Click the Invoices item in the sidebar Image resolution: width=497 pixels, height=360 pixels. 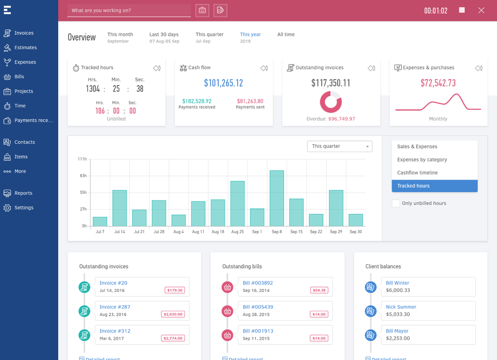[23, 33]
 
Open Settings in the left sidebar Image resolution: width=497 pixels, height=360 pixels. [23, 208]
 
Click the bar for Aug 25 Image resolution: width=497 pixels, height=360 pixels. [237, 203]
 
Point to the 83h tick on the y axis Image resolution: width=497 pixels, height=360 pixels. [83, 176]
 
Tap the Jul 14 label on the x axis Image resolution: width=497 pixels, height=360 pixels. [119, 232]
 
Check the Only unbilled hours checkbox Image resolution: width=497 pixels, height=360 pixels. [396, 203]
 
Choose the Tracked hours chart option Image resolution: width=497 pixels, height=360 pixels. [434, 186]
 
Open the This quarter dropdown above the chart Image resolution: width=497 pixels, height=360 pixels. [339, 146]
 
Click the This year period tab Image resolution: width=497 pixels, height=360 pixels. [250, 35]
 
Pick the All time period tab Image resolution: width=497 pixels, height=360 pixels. [286, 35]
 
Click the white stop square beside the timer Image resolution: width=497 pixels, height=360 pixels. [462, 10]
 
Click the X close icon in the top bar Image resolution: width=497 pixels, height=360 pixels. [481, 10]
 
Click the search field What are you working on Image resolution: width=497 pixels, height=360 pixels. [129, 10]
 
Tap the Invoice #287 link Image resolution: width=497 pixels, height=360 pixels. [115, 307]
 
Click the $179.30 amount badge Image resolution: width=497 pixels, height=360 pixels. [174, 290]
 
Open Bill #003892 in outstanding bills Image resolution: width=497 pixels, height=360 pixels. [257, 283]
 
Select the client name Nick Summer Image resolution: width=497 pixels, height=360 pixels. [401, 307]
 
